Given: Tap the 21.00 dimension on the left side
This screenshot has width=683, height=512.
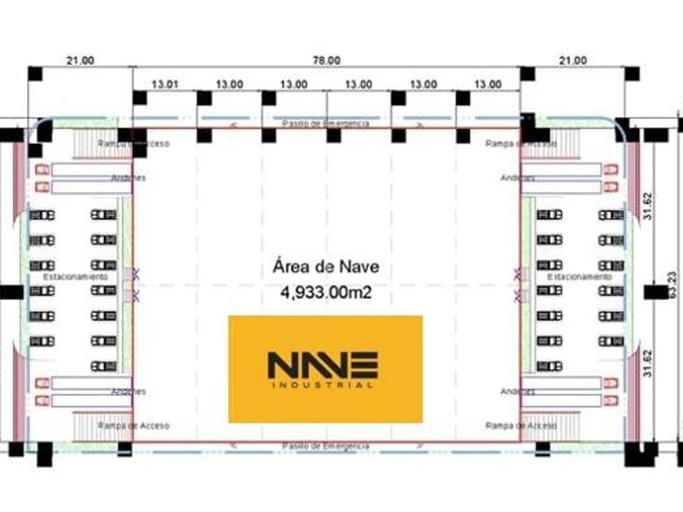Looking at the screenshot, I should coord(80,60).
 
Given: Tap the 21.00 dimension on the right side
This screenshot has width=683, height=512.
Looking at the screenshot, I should coord(572,60).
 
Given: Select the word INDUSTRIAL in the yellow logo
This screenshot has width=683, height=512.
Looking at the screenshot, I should coord(323,384).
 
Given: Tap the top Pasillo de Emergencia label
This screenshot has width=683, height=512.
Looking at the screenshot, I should coord(325,124).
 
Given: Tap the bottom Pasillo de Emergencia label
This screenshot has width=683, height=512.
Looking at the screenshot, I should coord(325,446).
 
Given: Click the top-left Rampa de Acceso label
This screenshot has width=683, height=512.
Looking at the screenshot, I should coord(133,144).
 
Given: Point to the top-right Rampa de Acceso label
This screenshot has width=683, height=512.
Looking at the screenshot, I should coord(520,144).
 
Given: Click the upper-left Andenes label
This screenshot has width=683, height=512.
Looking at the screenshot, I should coord(129,177).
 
